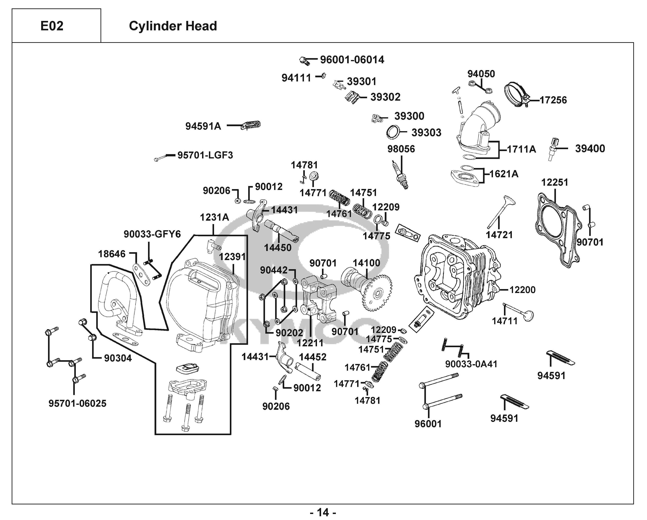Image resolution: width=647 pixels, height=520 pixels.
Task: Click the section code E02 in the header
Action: click(x=52, y=26)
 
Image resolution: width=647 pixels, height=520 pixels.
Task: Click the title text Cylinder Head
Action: click(x=173, y=26)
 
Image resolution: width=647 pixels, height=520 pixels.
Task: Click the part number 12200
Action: click(x=522, y=290)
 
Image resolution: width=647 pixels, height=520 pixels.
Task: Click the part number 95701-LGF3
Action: click(x=205, y=155)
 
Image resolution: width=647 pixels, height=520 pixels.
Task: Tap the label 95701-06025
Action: click(x=77, y=403)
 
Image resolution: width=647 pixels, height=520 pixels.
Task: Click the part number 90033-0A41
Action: click(x=471, y=364)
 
